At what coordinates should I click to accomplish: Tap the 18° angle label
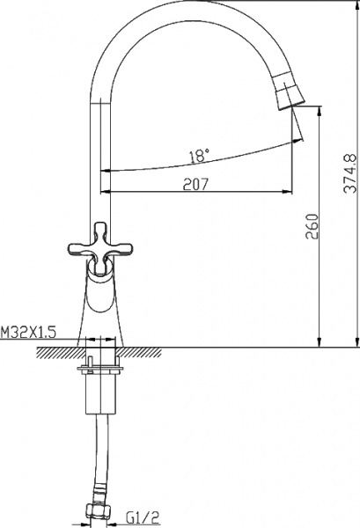200,156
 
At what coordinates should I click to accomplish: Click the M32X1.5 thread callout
29,332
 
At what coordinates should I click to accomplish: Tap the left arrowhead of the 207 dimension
107,191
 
